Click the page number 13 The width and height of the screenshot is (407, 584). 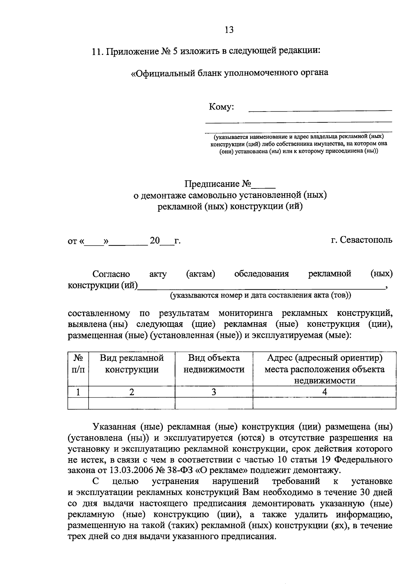click(x=229, y=30)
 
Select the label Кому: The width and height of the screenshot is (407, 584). click(x=221, y=107)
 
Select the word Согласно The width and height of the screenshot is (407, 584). click(x=111, y=274)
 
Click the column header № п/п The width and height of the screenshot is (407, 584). click(x=78, y=363)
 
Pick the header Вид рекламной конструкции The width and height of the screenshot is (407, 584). click(x=132, y=363)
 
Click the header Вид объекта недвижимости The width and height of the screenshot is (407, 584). click(x=214, y=363)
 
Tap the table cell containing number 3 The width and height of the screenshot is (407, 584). click(x=214, y=392)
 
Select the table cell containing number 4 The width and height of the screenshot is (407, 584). click(x=324, y=392)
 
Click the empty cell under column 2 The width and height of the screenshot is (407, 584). click(x=132, y=403)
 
